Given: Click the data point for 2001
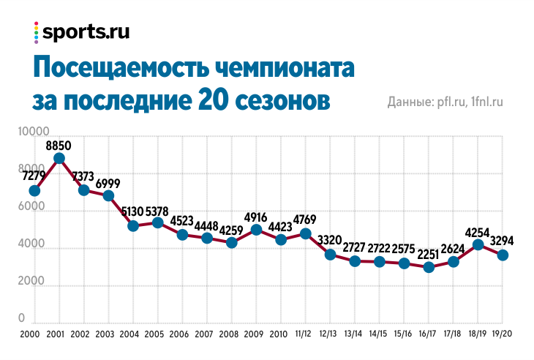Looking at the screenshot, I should point(59,158).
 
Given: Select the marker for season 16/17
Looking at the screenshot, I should point(429,267).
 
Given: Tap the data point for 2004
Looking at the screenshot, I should point(133,226).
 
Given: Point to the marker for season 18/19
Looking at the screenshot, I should point(478,244).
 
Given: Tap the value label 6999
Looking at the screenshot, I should point(108,182).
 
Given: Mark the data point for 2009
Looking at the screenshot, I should point(256,230).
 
